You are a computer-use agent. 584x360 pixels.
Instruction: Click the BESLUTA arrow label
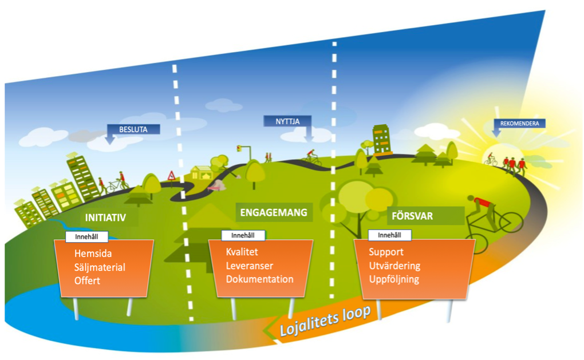click(133, 129)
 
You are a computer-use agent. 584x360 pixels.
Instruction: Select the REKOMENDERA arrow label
click(519, 123)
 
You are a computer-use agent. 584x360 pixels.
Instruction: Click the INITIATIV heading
click(105, 218)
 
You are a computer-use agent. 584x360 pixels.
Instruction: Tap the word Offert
click(87, 280)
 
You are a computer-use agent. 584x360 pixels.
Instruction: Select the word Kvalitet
click(242, 252)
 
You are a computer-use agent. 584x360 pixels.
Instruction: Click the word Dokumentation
click(259, 279)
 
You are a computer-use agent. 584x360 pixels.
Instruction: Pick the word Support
click(386, 252)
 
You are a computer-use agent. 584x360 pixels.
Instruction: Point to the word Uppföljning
click(394, 279)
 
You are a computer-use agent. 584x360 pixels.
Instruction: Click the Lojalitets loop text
click(325, 322)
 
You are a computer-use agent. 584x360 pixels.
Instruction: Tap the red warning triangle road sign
click(171, 175)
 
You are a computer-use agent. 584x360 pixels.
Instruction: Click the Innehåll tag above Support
click(389, 235)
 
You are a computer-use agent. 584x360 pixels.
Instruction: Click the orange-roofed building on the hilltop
click(381, 140)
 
